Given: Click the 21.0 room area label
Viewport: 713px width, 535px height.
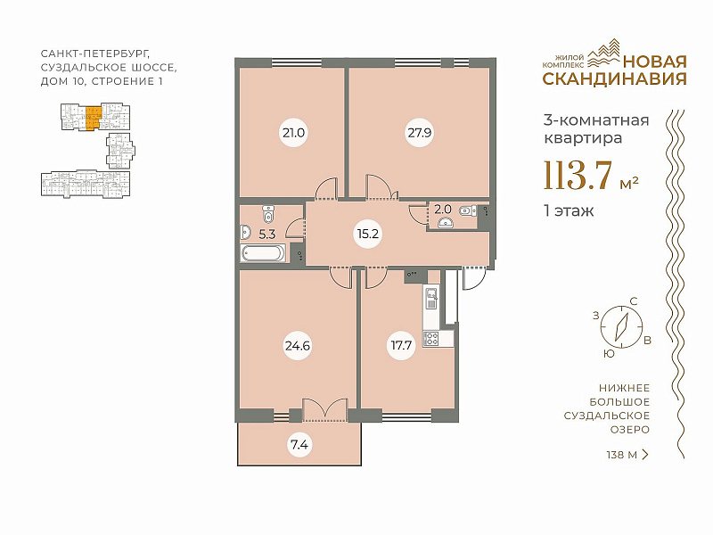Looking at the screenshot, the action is click(x=293, y=133).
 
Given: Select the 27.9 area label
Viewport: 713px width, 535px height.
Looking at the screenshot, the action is click(x=419, y=133).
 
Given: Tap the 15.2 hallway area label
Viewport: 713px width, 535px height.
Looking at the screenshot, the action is click(x=368, y=235).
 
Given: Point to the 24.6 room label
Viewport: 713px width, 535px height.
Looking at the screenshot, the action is click(x=298, y=346).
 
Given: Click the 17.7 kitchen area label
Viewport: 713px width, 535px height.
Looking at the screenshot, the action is click(x=402, y=346).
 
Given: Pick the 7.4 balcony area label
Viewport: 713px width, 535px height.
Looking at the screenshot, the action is click(x=299, y=444).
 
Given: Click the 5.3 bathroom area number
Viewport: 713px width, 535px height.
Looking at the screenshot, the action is click(x=266, y=235).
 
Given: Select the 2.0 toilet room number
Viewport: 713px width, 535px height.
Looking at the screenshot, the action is click(x=443, y=210).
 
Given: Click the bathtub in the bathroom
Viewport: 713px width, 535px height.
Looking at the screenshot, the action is click(x=263, y=253).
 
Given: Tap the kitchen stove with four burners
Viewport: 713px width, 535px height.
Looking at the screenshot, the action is click(x=431, y=339).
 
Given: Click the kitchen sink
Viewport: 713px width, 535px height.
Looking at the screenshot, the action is click(x=431, y=297).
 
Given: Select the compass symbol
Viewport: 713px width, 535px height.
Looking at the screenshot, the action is click(x=621, y=326).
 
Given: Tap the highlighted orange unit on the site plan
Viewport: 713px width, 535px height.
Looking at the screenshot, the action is click(x=94, y=118).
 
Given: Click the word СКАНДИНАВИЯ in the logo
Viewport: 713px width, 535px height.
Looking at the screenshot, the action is click(x=615, y=78).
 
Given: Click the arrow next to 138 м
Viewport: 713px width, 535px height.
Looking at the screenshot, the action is click(x=644, y=454).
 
